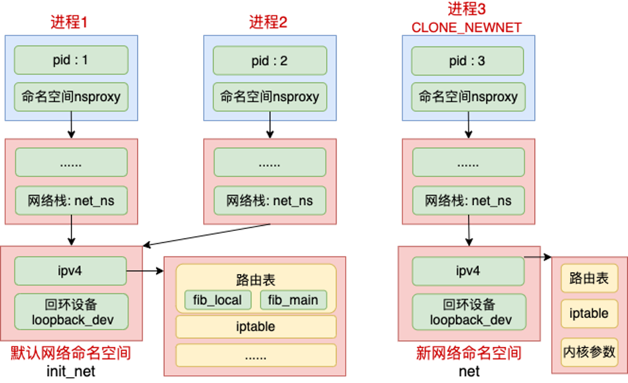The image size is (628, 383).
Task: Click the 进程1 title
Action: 69,21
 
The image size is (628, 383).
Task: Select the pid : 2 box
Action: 270,61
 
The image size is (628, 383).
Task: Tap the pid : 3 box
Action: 468,61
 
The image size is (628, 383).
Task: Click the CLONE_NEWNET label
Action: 466,27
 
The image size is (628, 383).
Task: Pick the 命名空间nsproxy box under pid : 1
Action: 71,97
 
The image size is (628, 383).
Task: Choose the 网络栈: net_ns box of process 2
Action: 270,201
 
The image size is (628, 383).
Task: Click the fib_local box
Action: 217,300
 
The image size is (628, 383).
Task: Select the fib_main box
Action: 293,300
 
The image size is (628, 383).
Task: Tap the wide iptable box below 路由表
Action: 256,327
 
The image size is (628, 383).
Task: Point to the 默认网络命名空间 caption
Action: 71,353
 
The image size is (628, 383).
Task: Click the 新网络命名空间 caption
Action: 468,353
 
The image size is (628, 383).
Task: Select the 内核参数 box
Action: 589,352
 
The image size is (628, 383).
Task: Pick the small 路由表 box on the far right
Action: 589,279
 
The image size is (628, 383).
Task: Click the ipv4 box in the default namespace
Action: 71,271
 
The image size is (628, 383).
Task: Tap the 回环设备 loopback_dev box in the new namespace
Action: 468,312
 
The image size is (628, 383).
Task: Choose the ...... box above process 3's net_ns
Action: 468,164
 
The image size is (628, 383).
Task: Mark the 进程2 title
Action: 268,21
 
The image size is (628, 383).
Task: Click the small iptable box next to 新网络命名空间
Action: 589,314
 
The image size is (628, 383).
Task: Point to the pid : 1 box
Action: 71,61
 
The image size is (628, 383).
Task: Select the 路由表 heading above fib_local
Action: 256,280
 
